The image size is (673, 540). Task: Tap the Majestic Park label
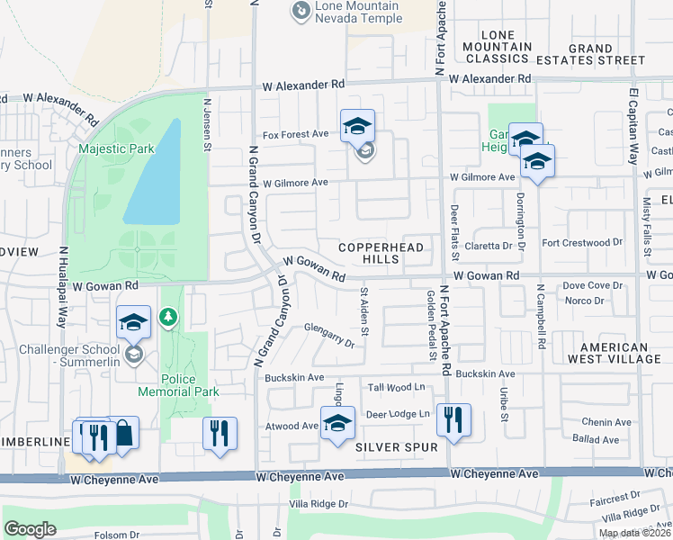(x=116, y=148)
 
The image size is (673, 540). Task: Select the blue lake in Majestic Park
(x=153, y=172)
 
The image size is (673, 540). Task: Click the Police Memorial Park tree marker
(x=168, y=317)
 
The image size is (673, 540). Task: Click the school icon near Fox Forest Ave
(x=357, y=127)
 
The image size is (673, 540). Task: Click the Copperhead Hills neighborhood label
(x=368, y=253)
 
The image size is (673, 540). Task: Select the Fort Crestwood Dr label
(x=583, y=242)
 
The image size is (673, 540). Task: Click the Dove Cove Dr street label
(x=592, y=285)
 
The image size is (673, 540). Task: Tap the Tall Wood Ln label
(x=397, y=388)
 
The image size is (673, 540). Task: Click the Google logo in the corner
(x=30, y=528)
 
